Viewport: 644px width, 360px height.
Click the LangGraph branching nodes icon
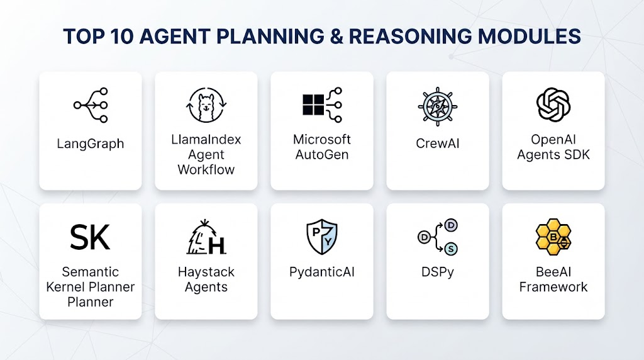[91, 105]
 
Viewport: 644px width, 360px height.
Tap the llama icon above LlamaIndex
[206, 105]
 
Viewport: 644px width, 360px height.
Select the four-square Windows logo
[313, 105]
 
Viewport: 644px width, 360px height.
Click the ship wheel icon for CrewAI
[438, 106]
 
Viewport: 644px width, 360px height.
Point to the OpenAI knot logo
[553, 105]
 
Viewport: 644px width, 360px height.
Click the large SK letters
[90, 237]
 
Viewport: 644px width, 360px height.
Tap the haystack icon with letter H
[206, 237]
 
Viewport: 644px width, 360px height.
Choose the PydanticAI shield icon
[322, 237]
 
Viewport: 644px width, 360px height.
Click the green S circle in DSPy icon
[451, 249]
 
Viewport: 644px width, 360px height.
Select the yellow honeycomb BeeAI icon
[553, 237]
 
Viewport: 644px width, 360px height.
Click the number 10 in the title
[122, 36]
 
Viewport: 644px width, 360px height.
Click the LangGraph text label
[91, 144]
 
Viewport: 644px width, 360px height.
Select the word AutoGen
[322, 155]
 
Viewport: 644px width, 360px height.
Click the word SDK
[577, 155]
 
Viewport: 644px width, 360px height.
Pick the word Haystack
[206, 272]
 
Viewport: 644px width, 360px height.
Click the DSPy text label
[438, 272]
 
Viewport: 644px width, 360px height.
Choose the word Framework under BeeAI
[553, 287]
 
